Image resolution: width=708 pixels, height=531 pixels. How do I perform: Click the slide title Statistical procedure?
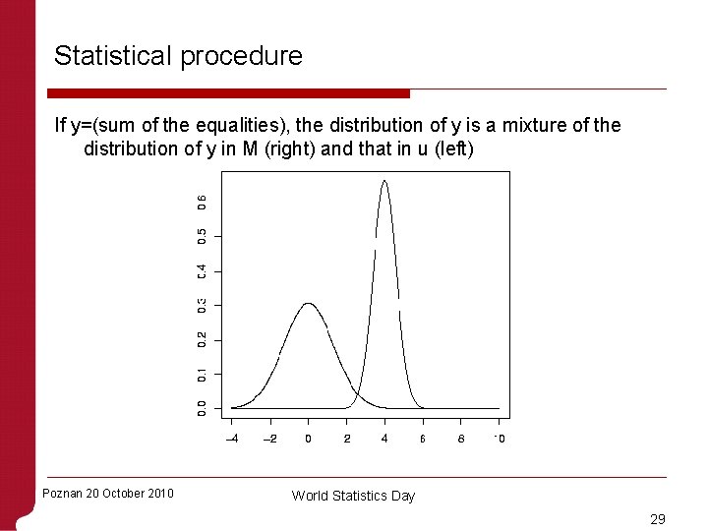click(178, 56)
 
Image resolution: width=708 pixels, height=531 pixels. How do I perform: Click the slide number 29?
click(659, 517)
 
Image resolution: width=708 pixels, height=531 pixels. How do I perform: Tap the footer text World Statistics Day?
click(353, 496)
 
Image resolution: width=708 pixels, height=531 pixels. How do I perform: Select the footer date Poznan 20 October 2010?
click(108, 493)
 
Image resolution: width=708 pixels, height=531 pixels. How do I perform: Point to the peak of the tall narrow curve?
click(384, 181)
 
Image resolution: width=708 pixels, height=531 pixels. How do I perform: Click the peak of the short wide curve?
click(308, 304)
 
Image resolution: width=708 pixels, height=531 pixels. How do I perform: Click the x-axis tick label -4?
click(231, 439)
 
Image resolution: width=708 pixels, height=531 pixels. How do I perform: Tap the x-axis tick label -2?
click(269, 439)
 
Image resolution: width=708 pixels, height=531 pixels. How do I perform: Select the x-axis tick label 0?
click(308, 439)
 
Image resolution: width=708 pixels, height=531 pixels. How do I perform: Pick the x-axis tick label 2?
click(346, 439)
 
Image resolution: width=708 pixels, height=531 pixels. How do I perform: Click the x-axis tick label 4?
click(384, 439)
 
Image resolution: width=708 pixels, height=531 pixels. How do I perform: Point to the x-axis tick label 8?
click(461, 439)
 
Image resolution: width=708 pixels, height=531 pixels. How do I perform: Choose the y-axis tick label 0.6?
click(202, 201)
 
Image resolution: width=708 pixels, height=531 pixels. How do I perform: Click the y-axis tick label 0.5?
click(202, 236)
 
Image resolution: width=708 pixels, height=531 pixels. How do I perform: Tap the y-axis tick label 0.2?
click(202, 339)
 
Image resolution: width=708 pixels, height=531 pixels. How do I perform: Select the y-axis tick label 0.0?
click(202, 407)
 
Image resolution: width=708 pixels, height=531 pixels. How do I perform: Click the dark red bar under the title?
click(231, 93)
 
